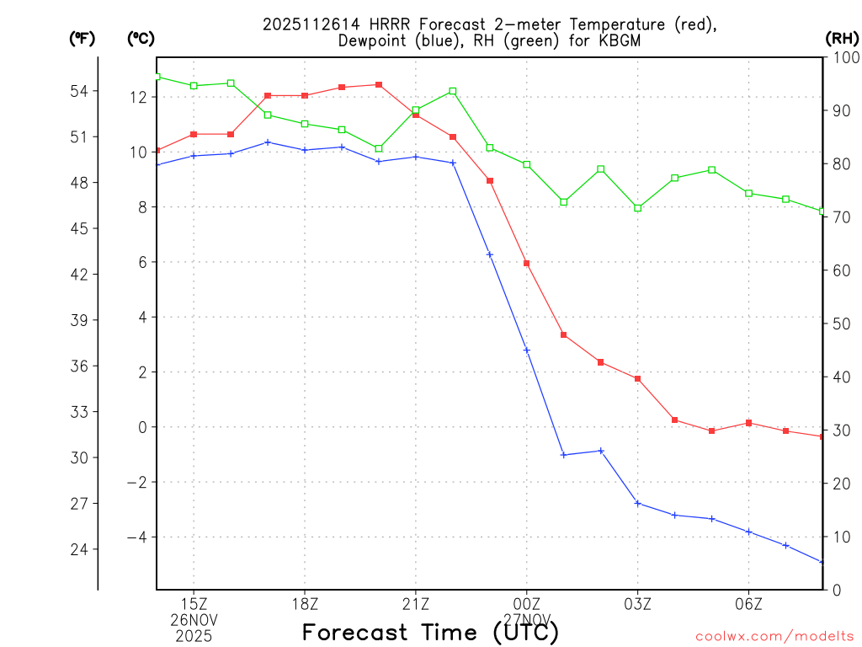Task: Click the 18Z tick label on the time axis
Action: [x=305, y=604]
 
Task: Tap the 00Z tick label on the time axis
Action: [x=527, y=604]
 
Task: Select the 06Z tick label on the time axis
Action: [x=749, y=604]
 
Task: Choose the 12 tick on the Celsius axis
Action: [x=139, y=98]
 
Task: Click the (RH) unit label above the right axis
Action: [x=842, y=38]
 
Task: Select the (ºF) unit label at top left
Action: [x=82, y=38]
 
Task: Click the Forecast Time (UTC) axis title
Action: [x=430, y=632]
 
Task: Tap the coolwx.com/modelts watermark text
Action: [x=774, y=636]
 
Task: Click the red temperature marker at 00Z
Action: [x=527, y=264]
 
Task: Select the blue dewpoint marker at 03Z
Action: [x=638, y=503]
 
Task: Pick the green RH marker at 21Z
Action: [x=416, y=110]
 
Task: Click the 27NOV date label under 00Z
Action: [x=527, y=619]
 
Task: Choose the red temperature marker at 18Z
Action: [x=305, y=95]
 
